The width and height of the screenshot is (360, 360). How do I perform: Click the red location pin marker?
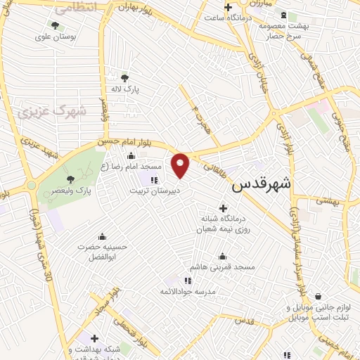(x=181, y=165)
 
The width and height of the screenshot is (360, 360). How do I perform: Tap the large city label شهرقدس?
(x=262, y=184)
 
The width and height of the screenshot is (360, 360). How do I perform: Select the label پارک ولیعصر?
(x=72, y=191)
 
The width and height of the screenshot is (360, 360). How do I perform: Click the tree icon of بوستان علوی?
(x=54, y=25)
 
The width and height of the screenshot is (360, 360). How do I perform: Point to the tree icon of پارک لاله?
(x=125, y=78)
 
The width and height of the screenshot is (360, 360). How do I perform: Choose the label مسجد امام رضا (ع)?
(x=131, y=167)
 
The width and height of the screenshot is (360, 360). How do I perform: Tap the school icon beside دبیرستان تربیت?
(x=154, y=181)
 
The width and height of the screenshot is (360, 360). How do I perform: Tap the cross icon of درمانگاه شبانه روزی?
(x=224, y=208)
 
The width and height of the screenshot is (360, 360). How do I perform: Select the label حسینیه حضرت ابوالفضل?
(x=103, y=252)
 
